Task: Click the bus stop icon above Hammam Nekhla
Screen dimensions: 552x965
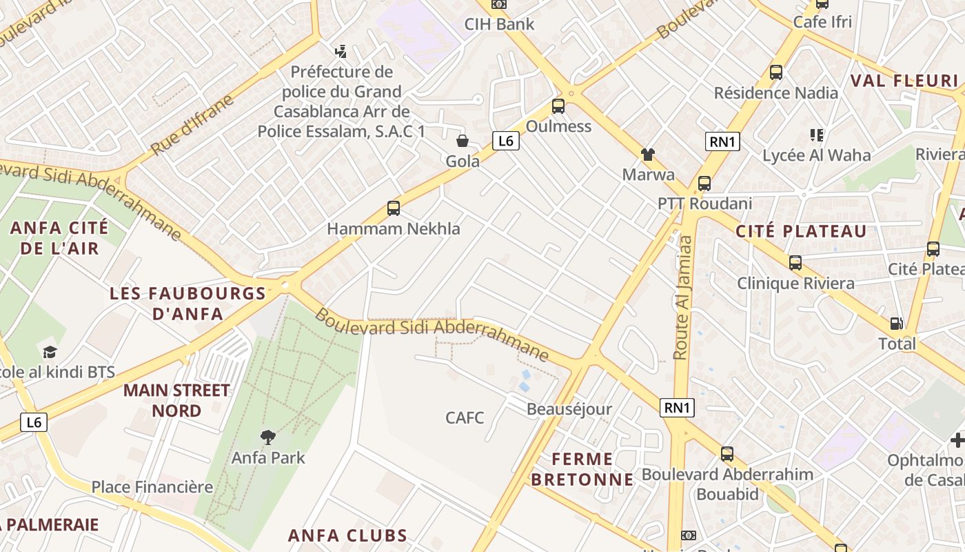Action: coord(393,208)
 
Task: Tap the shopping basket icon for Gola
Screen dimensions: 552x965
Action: coord(462,141)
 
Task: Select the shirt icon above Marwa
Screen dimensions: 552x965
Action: coord(647,154)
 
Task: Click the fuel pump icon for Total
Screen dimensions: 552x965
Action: coord(896,323)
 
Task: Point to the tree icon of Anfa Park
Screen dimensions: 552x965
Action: coord(267,437)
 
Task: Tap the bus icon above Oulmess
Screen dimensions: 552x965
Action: coord(558,106)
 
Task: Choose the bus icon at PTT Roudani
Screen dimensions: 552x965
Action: coord(704,184)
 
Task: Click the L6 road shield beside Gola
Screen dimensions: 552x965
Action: coord(506,141)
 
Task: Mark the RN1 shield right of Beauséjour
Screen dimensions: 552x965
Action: coord(677,408)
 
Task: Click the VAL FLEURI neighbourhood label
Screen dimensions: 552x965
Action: coord(904,81)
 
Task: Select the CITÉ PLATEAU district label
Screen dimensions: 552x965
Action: coord(801,231)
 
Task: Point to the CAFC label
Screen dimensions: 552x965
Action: coord(465,417)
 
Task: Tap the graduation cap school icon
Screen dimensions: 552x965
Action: coord(50,353)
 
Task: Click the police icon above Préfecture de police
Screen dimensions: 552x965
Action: coord(340,51)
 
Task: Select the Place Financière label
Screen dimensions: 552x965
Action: coord(152,487)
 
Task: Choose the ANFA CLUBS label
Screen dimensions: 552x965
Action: coord(347,535)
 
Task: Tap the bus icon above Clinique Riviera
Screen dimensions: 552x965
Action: coord(795,262)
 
